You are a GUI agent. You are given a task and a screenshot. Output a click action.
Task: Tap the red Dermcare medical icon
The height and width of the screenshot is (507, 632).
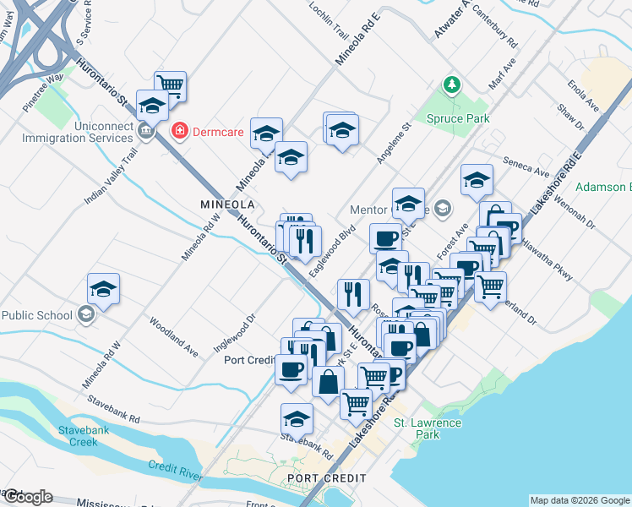click(179, 131)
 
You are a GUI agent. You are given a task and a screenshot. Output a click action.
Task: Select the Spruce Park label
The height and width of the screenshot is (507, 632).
click(458, 119)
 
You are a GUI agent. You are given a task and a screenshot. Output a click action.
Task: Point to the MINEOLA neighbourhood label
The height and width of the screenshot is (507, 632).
click(227, 204)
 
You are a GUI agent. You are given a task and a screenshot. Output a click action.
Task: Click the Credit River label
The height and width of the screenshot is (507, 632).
click(176, 471)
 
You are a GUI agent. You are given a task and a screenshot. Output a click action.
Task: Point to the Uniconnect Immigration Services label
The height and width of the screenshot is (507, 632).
click(71, 132)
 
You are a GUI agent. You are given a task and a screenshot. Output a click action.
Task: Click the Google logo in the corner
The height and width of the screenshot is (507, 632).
click(27, 497)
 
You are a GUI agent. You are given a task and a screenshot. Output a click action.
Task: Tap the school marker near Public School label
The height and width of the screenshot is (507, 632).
click(102, 290)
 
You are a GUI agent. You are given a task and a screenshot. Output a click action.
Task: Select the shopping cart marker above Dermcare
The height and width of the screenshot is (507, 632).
click(170, 85)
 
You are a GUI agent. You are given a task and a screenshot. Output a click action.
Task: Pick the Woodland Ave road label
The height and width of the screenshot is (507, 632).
click(174, 335)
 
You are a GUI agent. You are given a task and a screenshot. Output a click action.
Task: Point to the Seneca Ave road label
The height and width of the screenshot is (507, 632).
click(526, 168)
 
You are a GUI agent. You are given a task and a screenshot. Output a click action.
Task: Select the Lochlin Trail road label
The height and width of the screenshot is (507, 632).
click(329, 25)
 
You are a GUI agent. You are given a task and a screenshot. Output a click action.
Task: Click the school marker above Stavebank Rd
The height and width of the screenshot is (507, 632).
click(297, 419)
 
